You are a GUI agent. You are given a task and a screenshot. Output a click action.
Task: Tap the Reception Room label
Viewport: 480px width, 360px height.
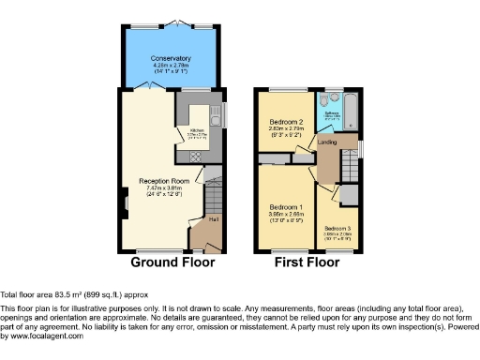click(164, 180)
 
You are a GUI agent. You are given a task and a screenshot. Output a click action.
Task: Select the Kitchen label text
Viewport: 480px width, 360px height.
click(197, 130)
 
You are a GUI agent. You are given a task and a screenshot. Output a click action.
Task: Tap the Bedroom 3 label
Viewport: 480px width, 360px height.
click(338, 228)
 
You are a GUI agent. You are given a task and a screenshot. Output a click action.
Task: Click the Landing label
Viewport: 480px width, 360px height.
click(327, 142)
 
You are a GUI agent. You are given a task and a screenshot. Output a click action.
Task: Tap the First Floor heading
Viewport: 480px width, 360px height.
click(307, 262)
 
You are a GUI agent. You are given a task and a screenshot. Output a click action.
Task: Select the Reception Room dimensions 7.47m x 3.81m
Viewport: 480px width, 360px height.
click(164, 188)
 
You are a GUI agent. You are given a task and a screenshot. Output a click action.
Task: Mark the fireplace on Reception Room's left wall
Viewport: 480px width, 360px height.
click(124, 200)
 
